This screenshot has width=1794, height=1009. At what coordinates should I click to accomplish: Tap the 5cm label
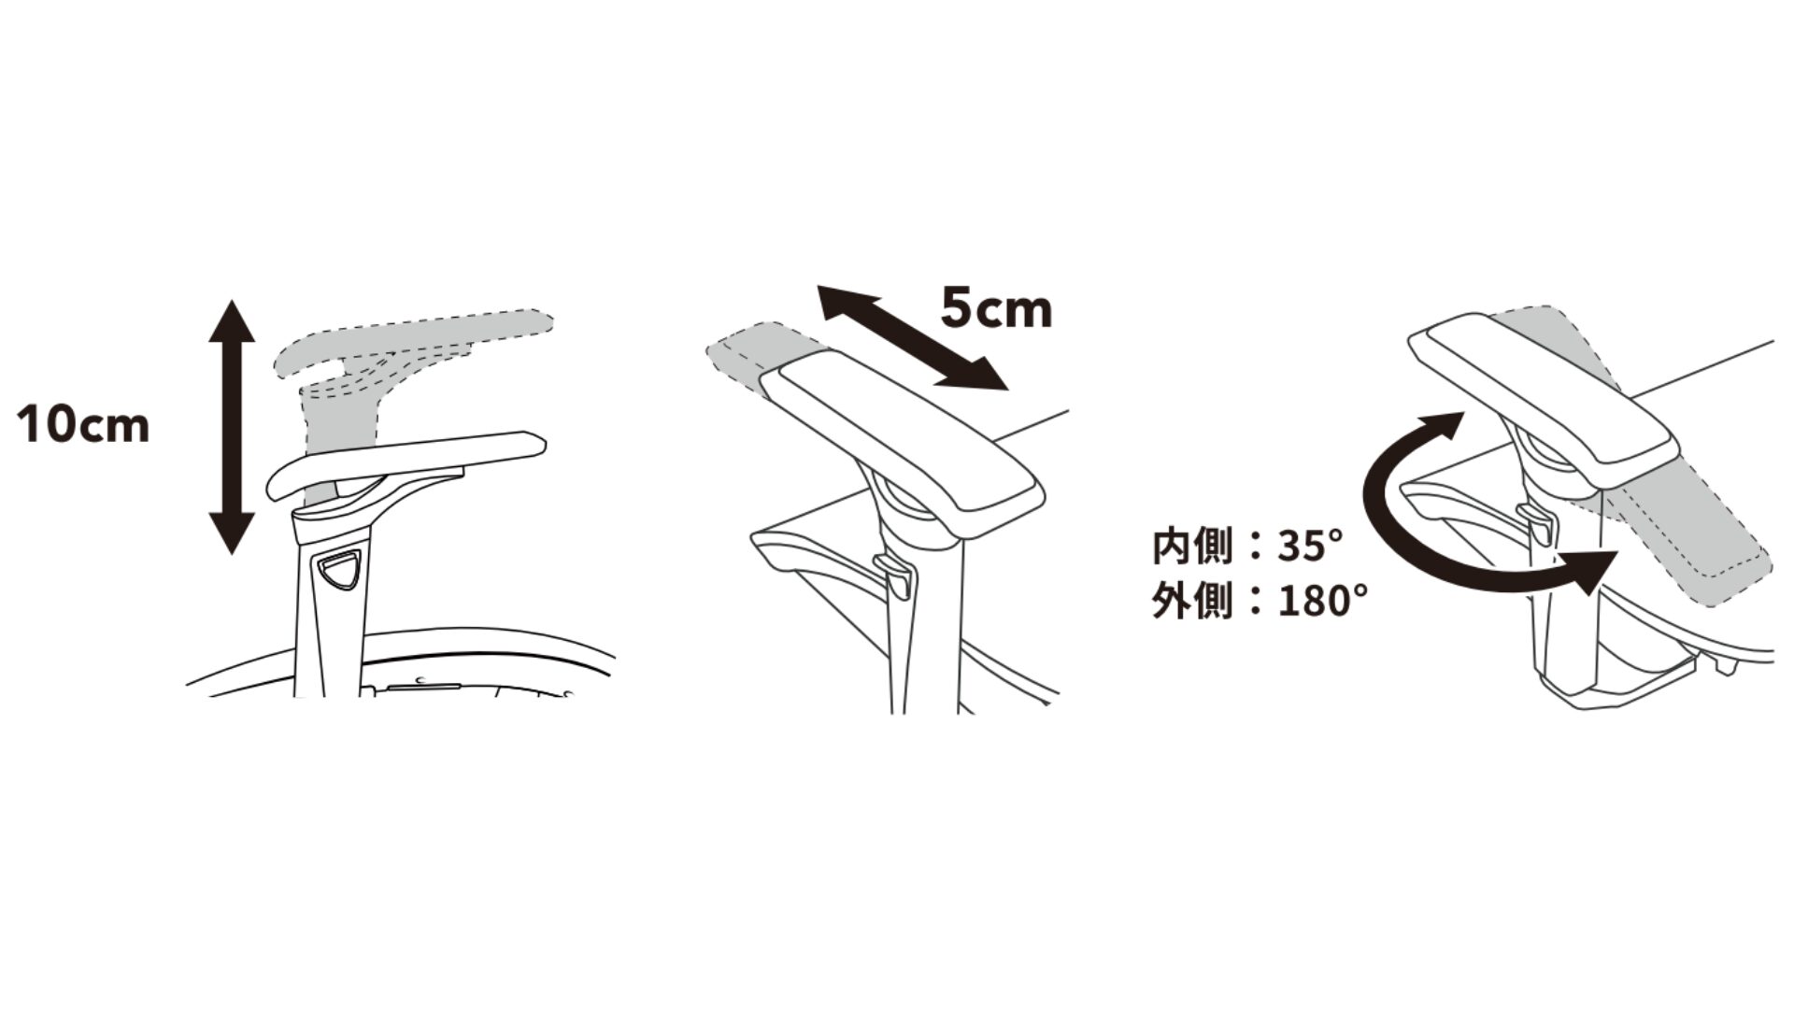tap(996, 309)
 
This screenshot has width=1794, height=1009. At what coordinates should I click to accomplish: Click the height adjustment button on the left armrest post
tap(339, 570)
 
